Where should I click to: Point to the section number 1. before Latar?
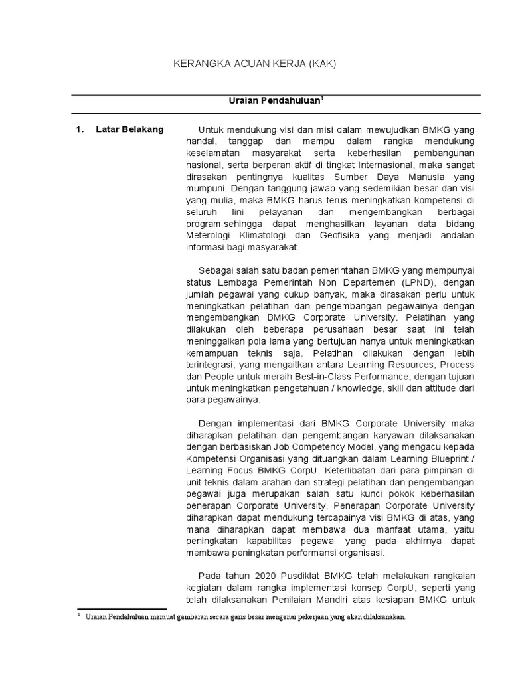(80, 129)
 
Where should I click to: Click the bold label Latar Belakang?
(129, 129)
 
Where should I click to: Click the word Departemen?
(343, 282)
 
